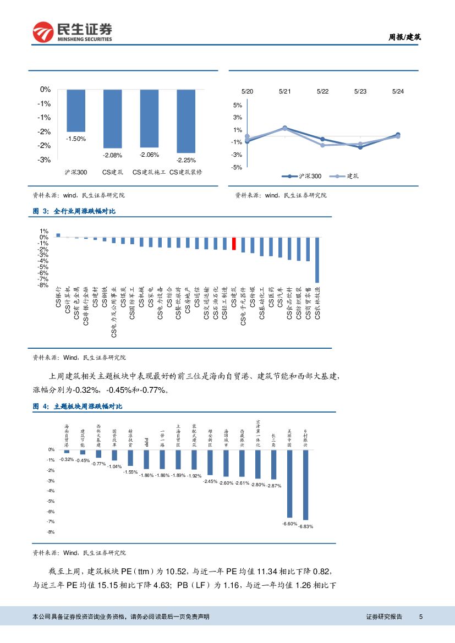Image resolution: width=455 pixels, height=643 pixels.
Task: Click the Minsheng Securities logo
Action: (x=72, y=32)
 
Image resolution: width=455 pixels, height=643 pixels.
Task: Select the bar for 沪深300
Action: (x=76, y=110)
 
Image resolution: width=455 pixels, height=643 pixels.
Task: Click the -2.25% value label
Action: (x=186, y=160)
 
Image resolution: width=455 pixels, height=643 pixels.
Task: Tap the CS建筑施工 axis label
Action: (x=149, y=173)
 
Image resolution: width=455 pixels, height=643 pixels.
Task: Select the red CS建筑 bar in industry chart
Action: (x=234, y=244)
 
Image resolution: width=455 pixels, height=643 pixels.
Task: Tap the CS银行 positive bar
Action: (x=58, y=235)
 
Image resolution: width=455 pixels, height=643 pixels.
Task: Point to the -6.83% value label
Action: (x=305, y=526)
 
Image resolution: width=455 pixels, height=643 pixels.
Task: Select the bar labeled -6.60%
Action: (x=289, y=484)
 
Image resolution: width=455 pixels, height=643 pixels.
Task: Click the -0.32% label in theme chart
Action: (x=67, y=459)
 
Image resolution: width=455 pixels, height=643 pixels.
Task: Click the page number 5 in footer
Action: (x=421, y=617)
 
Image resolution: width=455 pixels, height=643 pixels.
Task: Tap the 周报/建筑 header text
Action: (x=405, y=37)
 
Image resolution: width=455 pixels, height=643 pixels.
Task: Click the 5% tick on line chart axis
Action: (x=238, y=105)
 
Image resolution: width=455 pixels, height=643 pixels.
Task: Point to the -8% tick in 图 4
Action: (x=51, y=532)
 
